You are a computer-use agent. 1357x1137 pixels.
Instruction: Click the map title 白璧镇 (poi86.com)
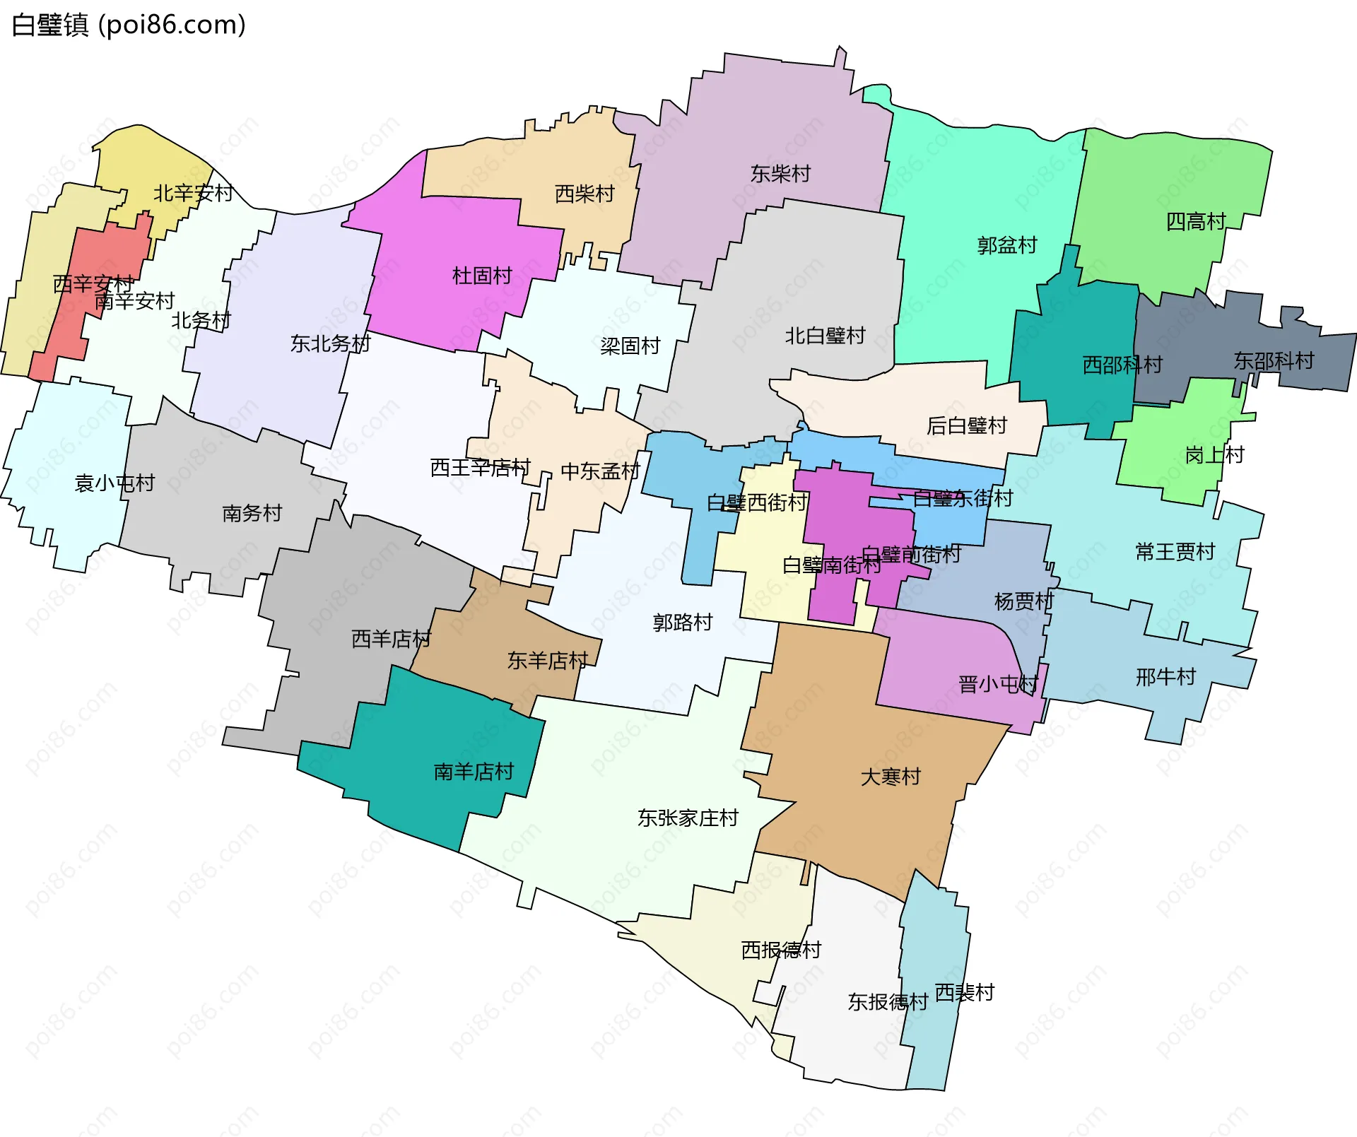click(x=129, y=25)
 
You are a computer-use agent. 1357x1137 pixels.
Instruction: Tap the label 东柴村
click(x=780, y=174)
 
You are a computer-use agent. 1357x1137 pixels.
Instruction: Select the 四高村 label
click(x=1195, y=222)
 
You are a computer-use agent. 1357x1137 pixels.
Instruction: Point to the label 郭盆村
click(x=1007, y=246)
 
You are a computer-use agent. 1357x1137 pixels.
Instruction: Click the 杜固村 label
click(x=482, y=276)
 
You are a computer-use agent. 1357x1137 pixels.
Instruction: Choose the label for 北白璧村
click(x=825, y=336)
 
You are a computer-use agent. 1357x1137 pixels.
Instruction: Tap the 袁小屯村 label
click(x=114, y=483)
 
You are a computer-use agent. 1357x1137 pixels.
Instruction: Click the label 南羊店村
click(x=474, y=772)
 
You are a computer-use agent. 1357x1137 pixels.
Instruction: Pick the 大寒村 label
click(x=891, y=777)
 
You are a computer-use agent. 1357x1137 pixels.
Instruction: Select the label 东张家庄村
click(x=688, y=818)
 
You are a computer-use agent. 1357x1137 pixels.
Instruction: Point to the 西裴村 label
click(x=964, y=993)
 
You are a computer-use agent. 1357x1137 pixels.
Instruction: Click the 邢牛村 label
click(x=1165, y=677)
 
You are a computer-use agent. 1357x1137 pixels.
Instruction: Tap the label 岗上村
click(x=1214, y=455)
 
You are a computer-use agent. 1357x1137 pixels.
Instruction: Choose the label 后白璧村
click(x=966, y=426)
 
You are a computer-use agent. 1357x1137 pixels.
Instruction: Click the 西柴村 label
click(x=584, y=194)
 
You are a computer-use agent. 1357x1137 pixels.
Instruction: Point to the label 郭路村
click(x=683, y=623)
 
